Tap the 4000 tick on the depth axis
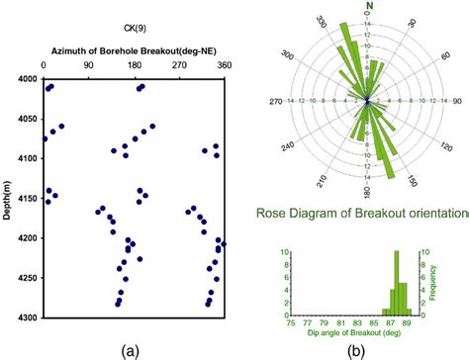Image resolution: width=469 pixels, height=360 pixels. pos(26,79)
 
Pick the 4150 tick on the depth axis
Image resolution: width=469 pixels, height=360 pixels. pos(26,198)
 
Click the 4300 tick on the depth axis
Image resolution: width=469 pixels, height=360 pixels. pos(26,316)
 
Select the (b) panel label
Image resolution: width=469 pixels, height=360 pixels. pos(365,348)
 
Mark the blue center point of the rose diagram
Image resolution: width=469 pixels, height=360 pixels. pos(368,101)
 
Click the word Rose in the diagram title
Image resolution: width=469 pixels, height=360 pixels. pos(272,212)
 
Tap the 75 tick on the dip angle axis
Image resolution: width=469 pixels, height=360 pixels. pos(292,322)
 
